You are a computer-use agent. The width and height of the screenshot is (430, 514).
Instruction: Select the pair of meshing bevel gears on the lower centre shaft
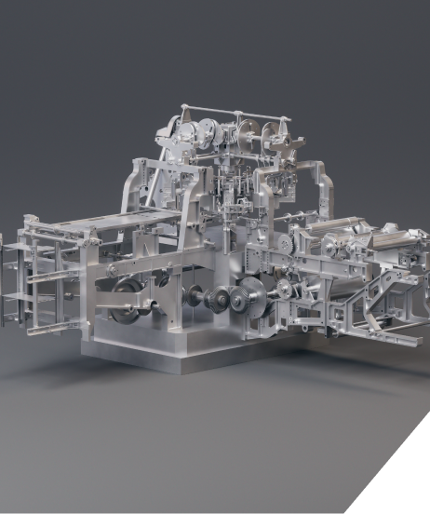215,301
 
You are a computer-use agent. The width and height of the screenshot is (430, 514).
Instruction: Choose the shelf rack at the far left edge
15,279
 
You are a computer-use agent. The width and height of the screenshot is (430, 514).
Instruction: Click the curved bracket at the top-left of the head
168,126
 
